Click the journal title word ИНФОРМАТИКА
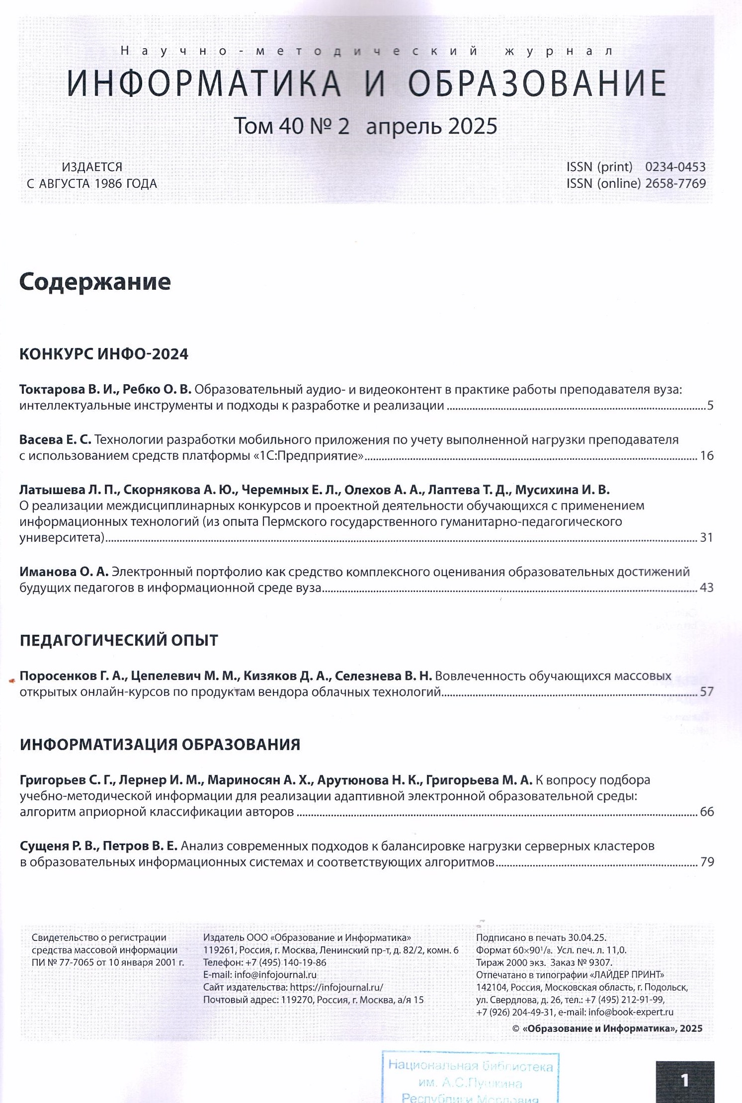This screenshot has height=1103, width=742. click(x=204, y=83)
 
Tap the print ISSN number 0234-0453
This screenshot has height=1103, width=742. click(x=675, y=167)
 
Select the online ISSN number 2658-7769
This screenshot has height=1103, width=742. click(x=675, y=183)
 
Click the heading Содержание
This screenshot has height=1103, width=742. click(x=95, y=282)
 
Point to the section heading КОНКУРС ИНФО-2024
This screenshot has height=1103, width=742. click(x=104, y=354)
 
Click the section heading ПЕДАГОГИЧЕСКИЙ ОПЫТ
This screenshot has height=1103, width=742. click(x=119, y=640)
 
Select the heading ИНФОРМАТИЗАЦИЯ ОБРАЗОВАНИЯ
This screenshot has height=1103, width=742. click(x=160, y=745)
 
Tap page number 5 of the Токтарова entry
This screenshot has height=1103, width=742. click(x=710, y=406)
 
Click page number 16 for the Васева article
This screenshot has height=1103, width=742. click(x=706, y=456)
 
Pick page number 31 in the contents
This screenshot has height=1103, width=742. click(x=706, y=537)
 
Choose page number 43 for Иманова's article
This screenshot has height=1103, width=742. click(x=706, y=588)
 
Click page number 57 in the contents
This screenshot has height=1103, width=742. click(x=706, y=691)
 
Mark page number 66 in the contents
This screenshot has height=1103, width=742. click(x=706, y=812)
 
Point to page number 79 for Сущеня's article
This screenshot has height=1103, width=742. click(x=706, y=862)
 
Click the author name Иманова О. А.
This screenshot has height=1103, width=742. click(x=64, y=572)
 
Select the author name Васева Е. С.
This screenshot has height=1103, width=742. click(x=55, y=440)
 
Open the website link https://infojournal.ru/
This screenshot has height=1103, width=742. click(x=336, y=987)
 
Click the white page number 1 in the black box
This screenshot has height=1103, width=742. click(x=685, y=1080)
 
